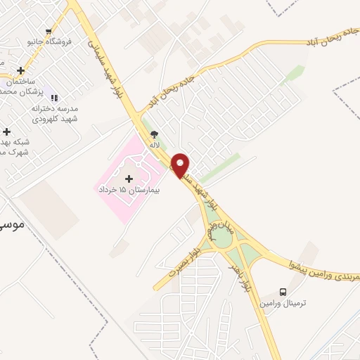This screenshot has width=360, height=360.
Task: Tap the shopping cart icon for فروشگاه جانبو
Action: (x=49, y=31)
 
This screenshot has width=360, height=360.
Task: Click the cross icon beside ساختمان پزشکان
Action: (x=21, y=70)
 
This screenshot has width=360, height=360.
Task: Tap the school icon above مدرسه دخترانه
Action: (x=54, y=98)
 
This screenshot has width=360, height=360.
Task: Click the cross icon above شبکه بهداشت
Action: (x=6, y=131)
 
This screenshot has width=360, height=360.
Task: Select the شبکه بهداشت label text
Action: (x=13, y=146)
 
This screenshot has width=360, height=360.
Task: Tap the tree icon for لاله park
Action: (x=155, y=134)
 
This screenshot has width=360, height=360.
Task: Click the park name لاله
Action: (x=155, y=144)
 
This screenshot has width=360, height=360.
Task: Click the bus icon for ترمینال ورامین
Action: (x=283, y=292)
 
